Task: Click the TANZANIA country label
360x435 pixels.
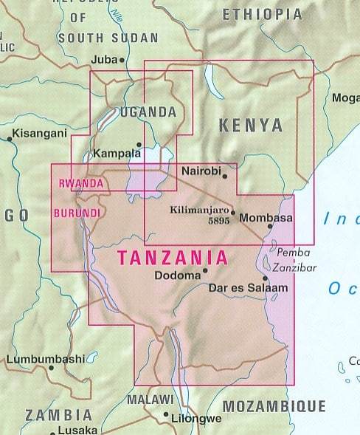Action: coord(173,258)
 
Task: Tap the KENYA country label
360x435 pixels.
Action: coord(251,125)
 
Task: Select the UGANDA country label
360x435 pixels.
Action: coord(148,113)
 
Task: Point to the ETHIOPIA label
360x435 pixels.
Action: coord(262,14)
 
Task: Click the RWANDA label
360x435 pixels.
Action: coord(76,183)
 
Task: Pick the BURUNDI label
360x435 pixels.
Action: coord(77,213)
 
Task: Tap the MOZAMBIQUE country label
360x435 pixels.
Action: coord(274,405)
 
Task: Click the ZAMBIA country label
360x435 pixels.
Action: coord(59,415)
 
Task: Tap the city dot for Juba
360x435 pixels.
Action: coord(122,60)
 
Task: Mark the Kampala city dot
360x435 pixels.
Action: coord(139,145)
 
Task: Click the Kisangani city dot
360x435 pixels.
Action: coord(10,137)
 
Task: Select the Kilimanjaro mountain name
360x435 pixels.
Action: coord(199,210)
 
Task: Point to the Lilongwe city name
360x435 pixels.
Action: coord(195,419)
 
